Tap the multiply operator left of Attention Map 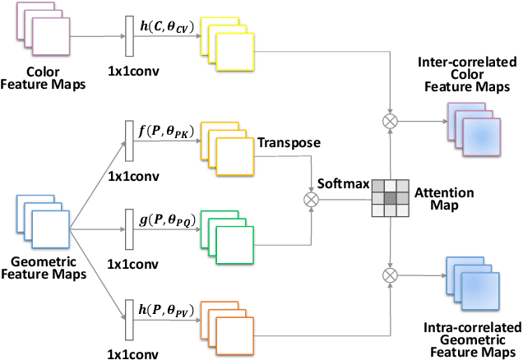coord(311,198)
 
